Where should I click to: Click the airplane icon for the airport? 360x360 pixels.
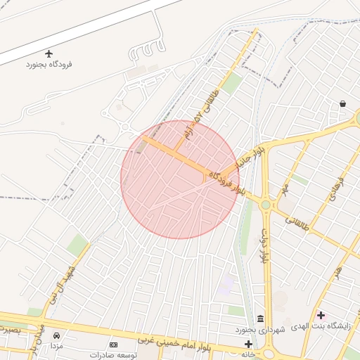(49, 53)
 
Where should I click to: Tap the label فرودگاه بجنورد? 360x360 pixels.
(49, 65)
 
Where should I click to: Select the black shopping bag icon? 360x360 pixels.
(342, 104)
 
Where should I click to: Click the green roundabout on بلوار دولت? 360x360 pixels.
(266, 205)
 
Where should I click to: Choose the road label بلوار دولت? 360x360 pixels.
(265, 245)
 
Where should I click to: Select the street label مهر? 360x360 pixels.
(285, 190)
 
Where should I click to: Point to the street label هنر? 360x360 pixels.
(338, 271)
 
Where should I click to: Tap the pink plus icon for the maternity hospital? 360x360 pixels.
(321, 315)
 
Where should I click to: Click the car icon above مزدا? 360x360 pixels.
(56, 335)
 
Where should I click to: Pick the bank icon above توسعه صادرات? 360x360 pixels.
(114, 345)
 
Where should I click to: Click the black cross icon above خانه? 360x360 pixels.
(247, 344)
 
